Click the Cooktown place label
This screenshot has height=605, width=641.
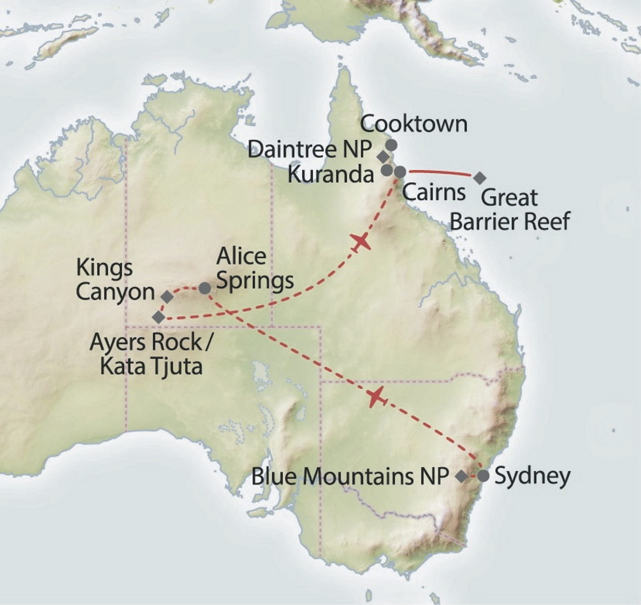pos(414,124)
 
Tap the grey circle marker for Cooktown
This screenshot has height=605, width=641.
pos(391,145)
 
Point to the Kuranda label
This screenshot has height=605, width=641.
pos(331,174)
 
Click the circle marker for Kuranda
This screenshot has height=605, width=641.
pos(387,171)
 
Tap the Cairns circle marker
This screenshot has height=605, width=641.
pos(400,172)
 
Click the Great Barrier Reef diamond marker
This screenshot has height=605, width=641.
pos(480,178)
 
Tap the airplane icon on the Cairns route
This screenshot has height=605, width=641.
pos(360,242)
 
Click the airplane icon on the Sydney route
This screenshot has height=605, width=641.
pos(377,397)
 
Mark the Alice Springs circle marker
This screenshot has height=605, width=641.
pos(205,288)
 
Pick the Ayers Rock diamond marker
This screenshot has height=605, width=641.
pos(159,317)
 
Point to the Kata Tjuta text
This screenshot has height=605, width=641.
pos(151,367)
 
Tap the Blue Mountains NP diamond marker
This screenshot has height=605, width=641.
pos(462,476)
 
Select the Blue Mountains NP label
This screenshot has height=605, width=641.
pos(349,477)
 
